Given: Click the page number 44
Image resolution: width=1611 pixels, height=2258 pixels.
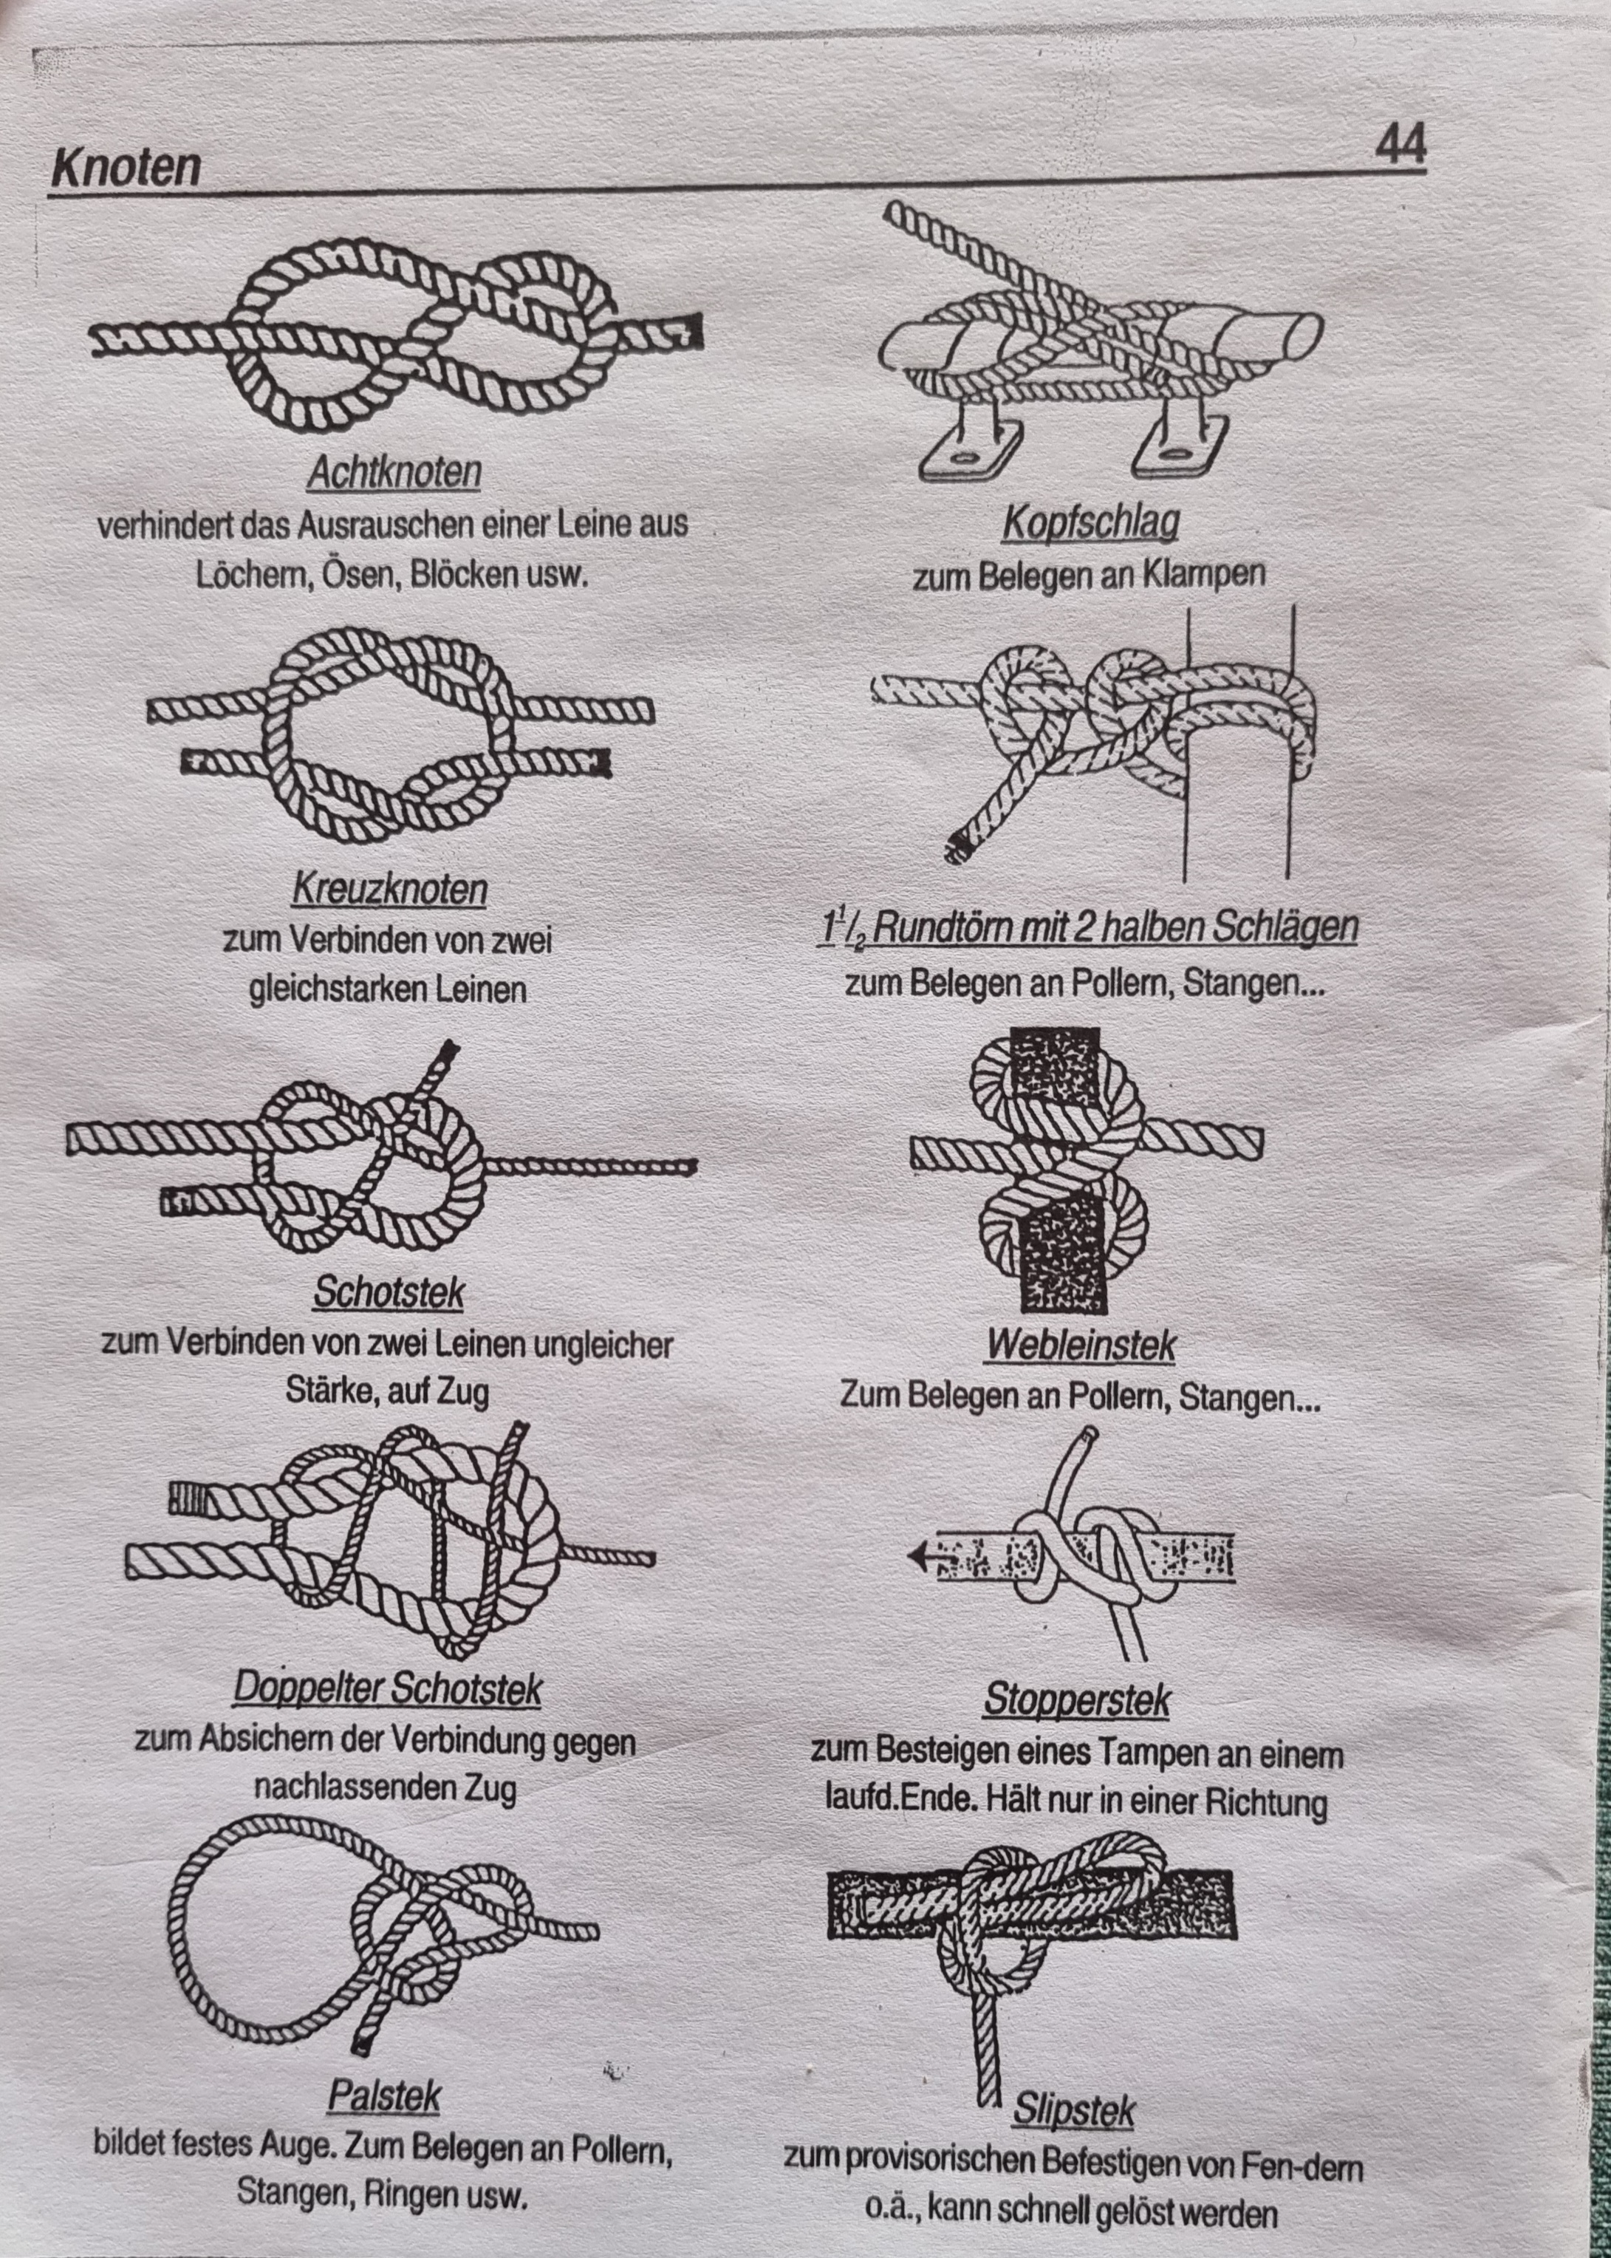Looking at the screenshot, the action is tap(1400, 144).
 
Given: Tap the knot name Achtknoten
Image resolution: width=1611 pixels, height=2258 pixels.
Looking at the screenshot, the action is tap(394, 472).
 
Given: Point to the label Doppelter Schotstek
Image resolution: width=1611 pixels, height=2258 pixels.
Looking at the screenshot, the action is tap(388, 1688).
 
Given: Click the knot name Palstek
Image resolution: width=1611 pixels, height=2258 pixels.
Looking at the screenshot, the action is tap(384, 2096).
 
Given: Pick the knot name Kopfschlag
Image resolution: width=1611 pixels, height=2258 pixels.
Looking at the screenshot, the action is tap(1090, 522).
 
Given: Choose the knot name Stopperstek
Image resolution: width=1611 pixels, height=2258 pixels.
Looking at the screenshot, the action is tap(1076, 1699).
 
